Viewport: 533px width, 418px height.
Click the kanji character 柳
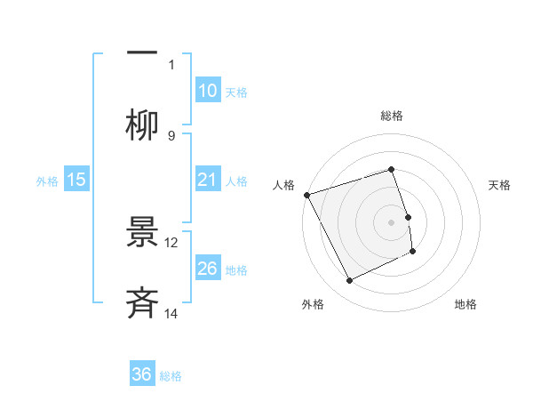click(x=142, y=125)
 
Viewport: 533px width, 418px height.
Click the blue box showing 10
click(x=207, y=91)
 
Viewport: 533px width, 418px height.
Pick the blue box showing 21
click(x=207, y=181)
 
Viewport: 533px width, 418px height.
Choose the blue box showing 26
click(x=207, y=269)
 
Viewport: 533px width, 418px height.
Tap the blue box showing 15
click(x=76, y=181)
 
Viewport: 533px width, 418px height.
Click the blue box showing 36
click(x=142, y=374)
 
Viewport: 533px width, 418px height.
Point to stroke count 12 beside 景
click(x=171, y=242)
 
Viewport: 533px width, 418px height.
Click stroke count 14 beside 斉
click(x=171, y=313)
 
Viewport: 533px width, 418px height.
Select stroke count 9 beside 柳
click(x=171, y=135)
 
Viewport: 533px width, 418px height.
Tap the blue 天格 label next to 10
click(x=236, y=92)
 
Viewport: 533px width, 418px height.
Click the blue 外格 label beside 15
click(x=47, y=181)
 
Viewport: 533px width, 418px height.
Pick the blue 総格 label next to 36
click(x=171, y=375)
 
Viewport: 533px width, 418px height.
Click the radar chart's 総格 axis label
click(x=391, y=116)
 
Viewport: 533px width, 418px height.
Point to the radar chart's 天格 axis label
click(x=500, y=185)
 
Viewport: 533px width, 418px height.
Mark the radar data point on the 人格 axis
click(x=306, y=194)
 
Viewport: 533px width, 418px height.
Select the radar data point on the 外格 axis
click(x=349, y=281)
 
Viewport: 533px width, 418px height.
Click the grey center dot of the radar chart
click(x=391, y=221)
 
